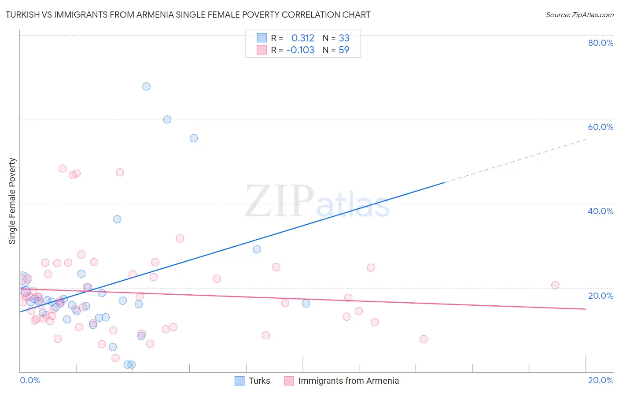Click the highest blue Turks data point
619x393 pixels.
146,86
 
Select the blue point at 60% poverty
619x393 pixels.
167,119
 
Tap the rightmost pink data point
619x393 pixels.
555,285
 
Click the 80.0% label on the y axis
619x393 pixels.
601,43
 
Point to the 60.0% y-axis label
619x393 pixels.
601,127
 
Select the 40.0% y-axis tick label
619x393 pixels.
601,211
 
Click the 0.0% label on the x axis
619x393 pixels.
30,380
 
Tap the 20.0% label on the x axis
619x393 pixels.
601,380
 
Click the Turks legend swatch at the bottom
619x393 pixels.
239,381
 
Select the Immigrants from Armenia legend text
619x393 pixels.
348,381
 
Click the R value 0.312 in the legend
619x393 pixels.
303,38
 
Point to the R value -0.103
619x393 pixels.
300,50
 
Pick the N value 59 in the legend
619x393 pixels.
344,50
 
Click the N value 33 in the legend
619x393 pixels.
344,38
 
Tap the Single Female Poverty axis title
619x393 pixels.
12,201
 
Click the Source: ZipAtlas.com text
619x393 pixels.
579,15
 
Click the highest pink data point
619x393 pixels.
63,168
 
